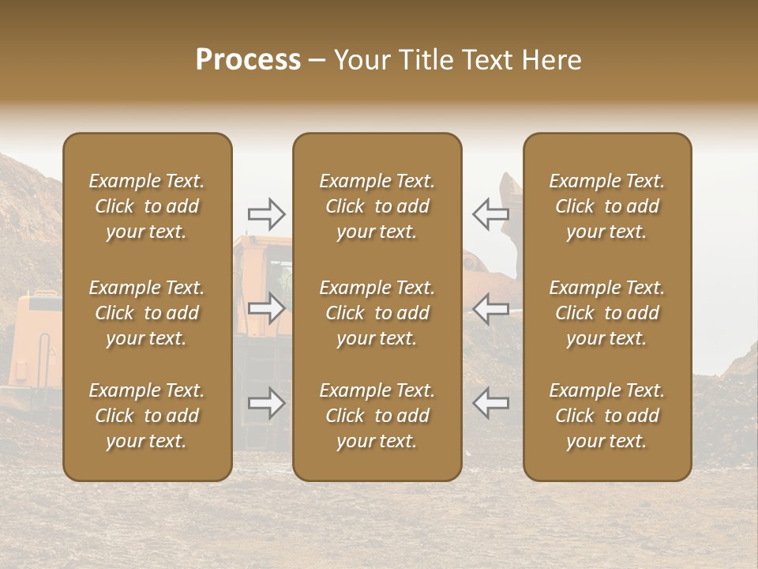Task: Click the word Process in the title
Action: click(x=248, y=60)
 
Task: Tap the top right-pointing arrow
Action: click(x=266, y=213)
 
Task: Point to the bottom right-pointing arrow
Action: click(x=266, y=404)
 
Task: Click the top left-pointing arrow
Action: click(x=490, y=213)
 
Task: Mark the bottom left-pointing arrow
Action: click(x=490, y=404)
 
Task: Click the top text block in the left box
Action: click(x=147, y=206)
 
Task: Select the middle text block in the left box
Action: click(x=147, y=313)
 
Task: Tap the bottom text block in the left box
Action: click(x=147, y=416)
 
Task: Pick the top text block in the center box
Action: click(x=377, y=206)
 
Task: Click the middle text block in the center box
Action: click(x=377, y=313)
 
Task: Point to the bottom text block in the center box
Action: click(x=377, y=416)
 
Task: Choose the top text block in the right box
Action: click(x=606, y=206)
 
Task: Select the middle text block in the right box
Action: click(x=606, y=313)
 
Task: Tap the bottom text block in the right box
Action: click(x=606, y=416)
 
